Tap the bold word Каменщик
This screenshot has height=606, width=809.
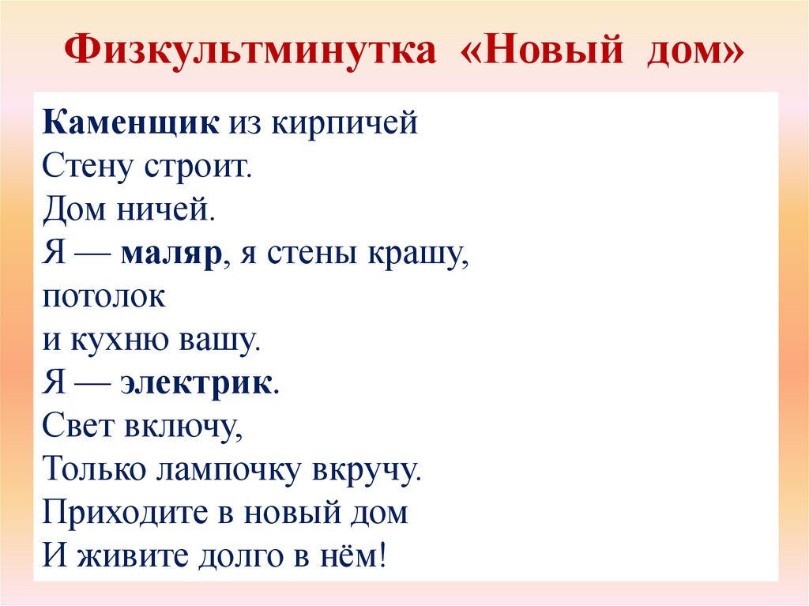[x=131, y=124]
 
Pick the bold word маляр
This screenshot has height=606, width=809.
[x=170, y=254]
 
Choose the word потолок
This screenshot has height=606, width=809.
[x=104, y=298]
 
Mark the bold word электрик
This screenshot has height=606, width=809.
[x=198, y=385]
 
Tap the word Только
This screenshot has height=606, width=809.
[x=94, y=471]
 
